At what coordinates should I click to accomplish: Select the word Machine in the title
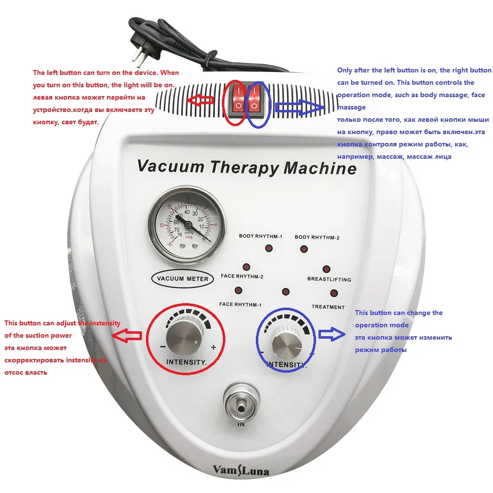[x=320, y=168]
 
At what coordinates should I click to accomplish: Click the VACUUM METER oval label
[x=182, y=279]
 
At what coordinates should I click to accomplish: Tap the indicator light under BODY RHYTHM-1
[x=268, y=248]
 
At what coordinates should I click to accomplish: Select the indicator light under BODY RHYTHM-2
[x=304, y=248]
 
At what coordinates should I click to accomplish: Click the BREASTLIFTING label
[x=329, y=280]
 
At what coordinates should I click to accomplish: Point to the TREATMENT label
[x=328, y=307]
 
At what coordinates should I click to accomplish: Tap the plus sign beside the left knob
[x=213, y=347]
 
